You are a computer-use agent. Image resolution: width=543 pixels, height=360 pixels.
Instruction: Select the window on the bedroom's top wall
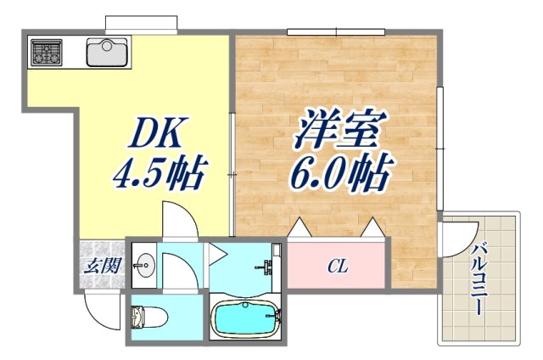pos(336,32)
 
